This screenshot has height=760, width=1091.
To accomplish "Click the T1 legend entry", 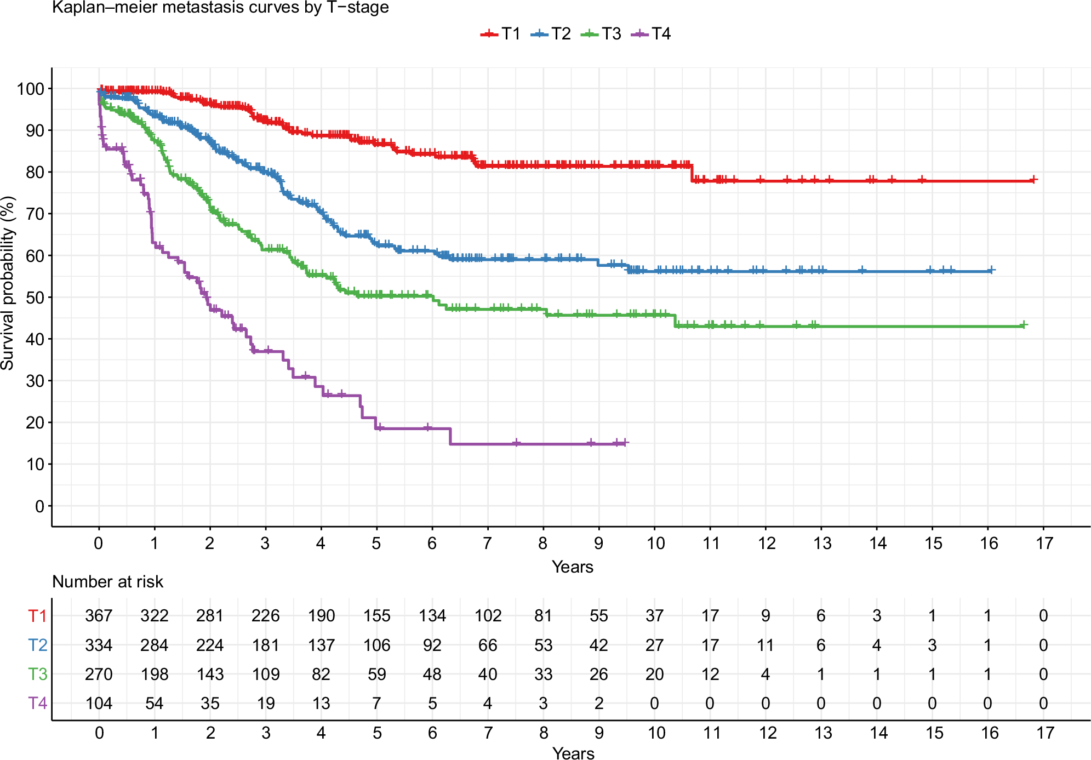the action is click(500, 34).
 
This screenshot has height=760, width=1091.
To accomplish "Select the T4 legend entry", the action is click(651, 34).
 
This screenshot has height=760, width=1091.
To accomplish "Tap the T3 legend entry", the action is click(601, 34).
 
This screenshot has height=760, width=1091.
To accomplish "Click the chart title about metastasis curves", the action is click(220, 8).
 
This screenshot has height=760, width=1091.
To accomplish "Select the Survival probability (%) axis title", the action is click(8, 283).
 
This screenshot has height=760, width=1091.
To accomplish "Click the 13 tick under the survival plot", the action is click(822, 543).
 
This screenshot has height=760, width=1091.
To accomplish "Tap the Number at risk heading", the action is click(107, 581).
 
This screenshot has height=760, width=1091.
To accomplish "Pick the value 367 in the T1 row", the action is click(99, 616).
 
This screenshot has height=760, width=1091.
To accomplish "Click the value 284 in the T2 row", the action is click(155, 645).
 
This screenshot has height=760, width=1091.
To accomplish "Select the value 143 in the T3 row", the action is click(210, 674).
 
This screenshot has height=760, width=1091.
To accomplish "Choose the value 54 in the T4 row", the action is click(155, 703).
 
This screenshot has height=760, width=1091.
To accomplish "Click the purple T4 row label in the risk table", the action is click(37, 703).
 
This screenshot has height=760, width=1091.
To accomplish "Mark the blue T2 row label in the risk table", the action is click(37, 645).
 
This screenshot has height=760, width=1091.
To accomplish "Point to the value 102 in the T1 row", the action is click(488, 616).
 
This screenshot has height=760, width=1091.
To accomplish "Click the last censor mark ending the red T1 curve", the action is click(1033, 180).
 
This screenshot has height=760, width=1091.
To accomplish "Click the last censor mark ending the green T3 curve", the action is click(1023, 325).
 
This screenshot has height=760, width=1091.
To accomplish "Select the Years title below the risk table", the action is click(573, 753).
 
